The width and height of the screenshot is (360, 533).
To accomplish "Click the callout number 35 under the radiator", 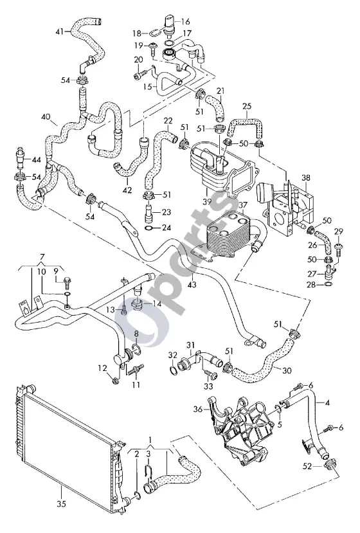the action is (61, 504).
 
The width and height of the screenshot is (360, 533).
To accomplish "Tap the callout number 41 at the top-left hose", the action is (60, 32).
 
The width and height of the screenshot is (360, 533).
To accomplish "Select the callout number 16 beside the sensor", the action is (185, 22).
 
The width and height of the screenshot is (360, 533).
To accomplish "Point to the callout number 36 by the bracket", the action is (199, 409).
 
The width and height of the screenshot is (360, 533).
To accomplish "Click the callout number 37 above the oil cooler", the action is (243, 205).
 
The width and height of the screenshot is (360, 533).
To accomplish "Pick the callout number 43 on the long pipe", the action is (192, 284).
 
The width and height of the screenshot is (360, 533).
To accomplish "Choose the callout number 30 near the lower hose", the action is (287, 370).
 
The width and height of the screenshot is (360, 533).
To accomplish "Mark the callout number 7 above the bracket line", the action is (42, 256).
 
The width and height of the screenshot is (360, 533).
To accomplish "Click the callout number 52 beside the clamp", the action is (307, 466).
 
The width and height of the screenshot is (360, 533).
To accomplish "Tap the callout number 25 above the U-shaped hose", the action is (247, 106).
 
